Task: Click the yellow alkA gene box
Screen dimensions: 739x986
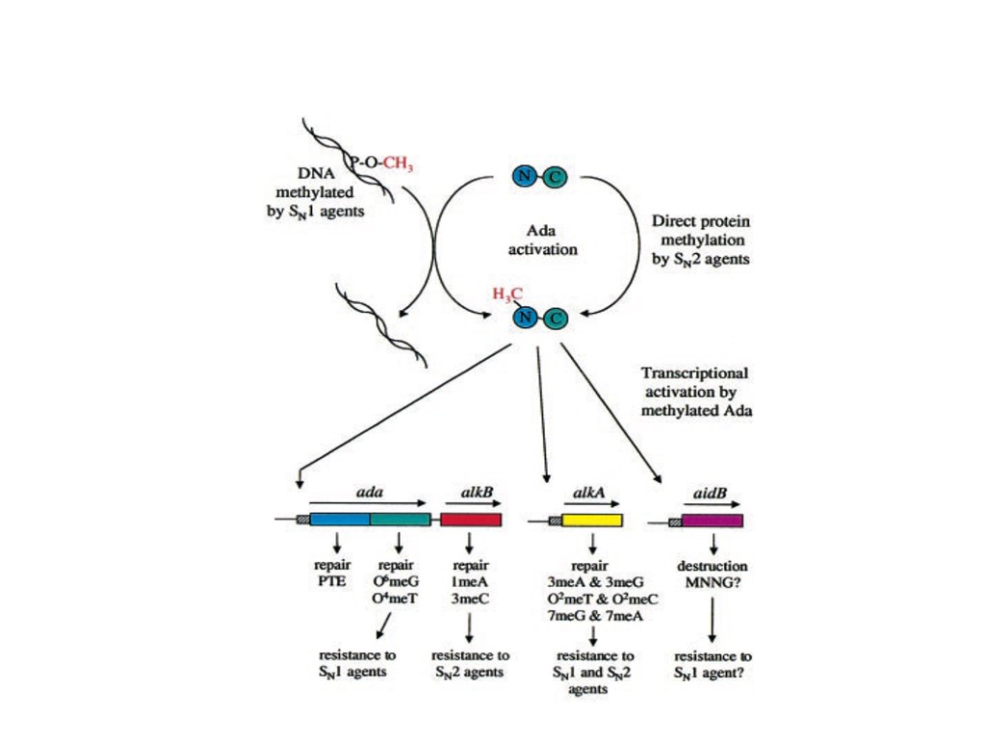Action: click(591, 521)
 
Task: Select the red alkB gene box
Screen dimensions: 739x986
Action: click(471, 520)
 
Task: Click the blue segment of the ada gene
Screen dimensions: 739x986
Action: click(339, 520)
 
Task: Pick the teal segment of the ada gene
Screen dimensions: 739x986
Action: click(400, 520)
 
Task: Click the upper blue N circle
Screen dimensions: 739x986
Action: click(525, 175)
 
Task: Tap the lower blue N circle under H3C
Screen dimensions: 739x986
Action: click(525, 318)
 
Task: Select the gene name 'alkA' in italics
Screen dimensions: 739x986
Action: click(587, 492)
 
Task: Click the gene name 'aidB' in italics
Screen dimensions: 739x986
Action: click(710, 492)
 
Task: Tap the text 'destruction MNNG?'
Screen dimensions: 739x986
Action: click(713, 573)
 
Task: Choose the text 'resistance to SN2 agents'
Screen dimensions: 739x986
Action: click(470, 663)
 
